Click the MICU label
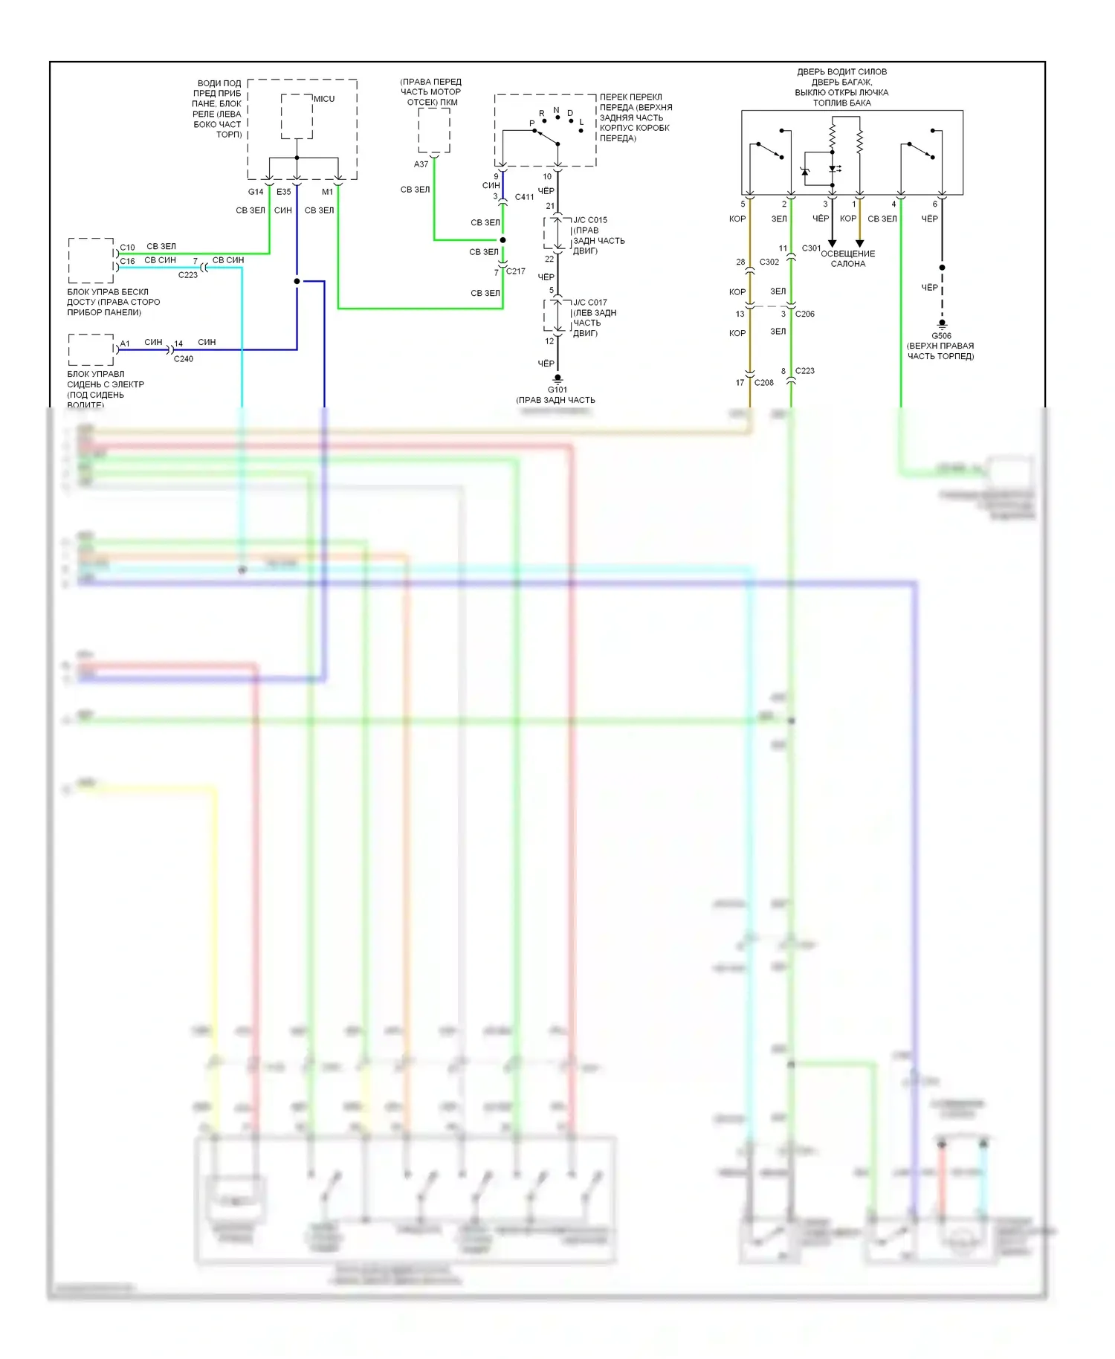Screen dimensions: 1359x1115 click(x=324, y=99)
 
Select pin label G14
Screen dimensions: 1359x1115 click(x=256, y=192)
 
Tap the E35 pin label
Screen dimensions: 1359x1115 click(x=284, y=192)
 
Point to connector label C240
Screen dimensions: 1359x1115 click(x=184, y=359)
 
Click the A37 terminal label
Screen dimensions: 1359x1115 click(x=421, y=164)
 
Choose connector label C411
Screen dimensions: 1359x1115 click(x=525, y=197)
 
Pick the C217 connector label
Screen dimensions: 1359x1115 click(x=516, y=271)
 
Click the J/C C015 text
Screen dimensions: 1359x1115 click(x=590, y=220)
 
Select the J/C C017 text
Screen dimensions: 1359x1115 click(x=590, y=303)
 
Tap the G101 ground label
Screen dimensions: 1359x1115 click(x=557, y=390)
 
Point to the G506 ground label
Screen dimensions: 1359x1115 click(x=941, y=336)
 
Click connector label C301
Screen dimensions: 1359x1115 click(x=811, y=248)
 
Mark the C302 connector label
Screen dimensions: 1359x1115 click(x=769, y=262)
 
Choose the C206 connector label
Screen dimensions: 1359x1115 click(x=805, y=314)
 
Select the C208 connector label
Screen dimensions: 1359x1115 click(x=764, y=383)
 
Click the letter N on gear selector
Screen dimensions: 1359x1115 click(x=556, y=110)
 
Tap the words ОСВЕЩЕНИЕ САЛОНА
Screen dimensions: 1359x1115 click(x=848, y=259)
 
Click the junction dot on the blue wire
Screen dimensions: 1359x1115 click(x=297, y=281)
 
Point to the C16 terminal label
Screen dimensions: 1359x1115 click(x=128, y=261)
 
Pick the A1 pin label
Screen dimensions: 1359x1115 click(x=125, y=343)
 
